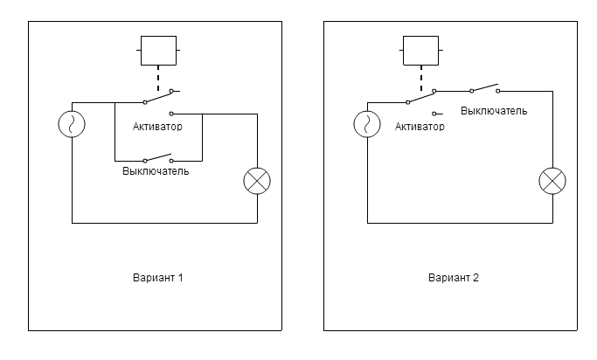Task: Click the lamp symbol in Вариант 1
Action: tap(257, 181)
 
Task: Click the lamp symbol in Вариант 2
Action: tap(552, 181)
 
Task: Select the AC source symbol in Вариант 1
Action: tap(72, 125)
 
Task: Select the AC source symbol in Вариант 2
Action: tap(366, 125)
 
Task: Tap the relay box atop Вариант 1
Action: tap(158, 51)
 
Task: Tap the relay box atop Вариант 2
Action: tap(420, 51)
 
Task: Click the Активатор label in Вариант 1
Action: tap(157, 127)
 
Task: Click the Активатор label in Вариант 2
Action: tap(420, 127)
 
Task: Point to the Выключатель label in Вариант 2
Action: tap(494, 112)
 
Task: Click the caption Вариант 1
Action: tap(158, 278)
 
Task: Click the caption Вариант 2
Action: tap(454, 278)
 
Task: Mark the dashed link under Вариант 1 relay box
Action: tap(158, 81)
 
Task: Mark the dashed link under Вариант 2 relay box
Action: tap(420, 81)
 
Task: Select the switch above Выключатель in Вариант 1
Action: tap(157, 158)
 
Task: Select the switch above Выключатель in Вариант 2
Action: tap(484, 88)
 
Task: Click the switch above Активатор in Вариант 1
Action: tap(158, 99)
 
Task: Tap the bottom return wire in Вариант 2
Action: tap(459, 223)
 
